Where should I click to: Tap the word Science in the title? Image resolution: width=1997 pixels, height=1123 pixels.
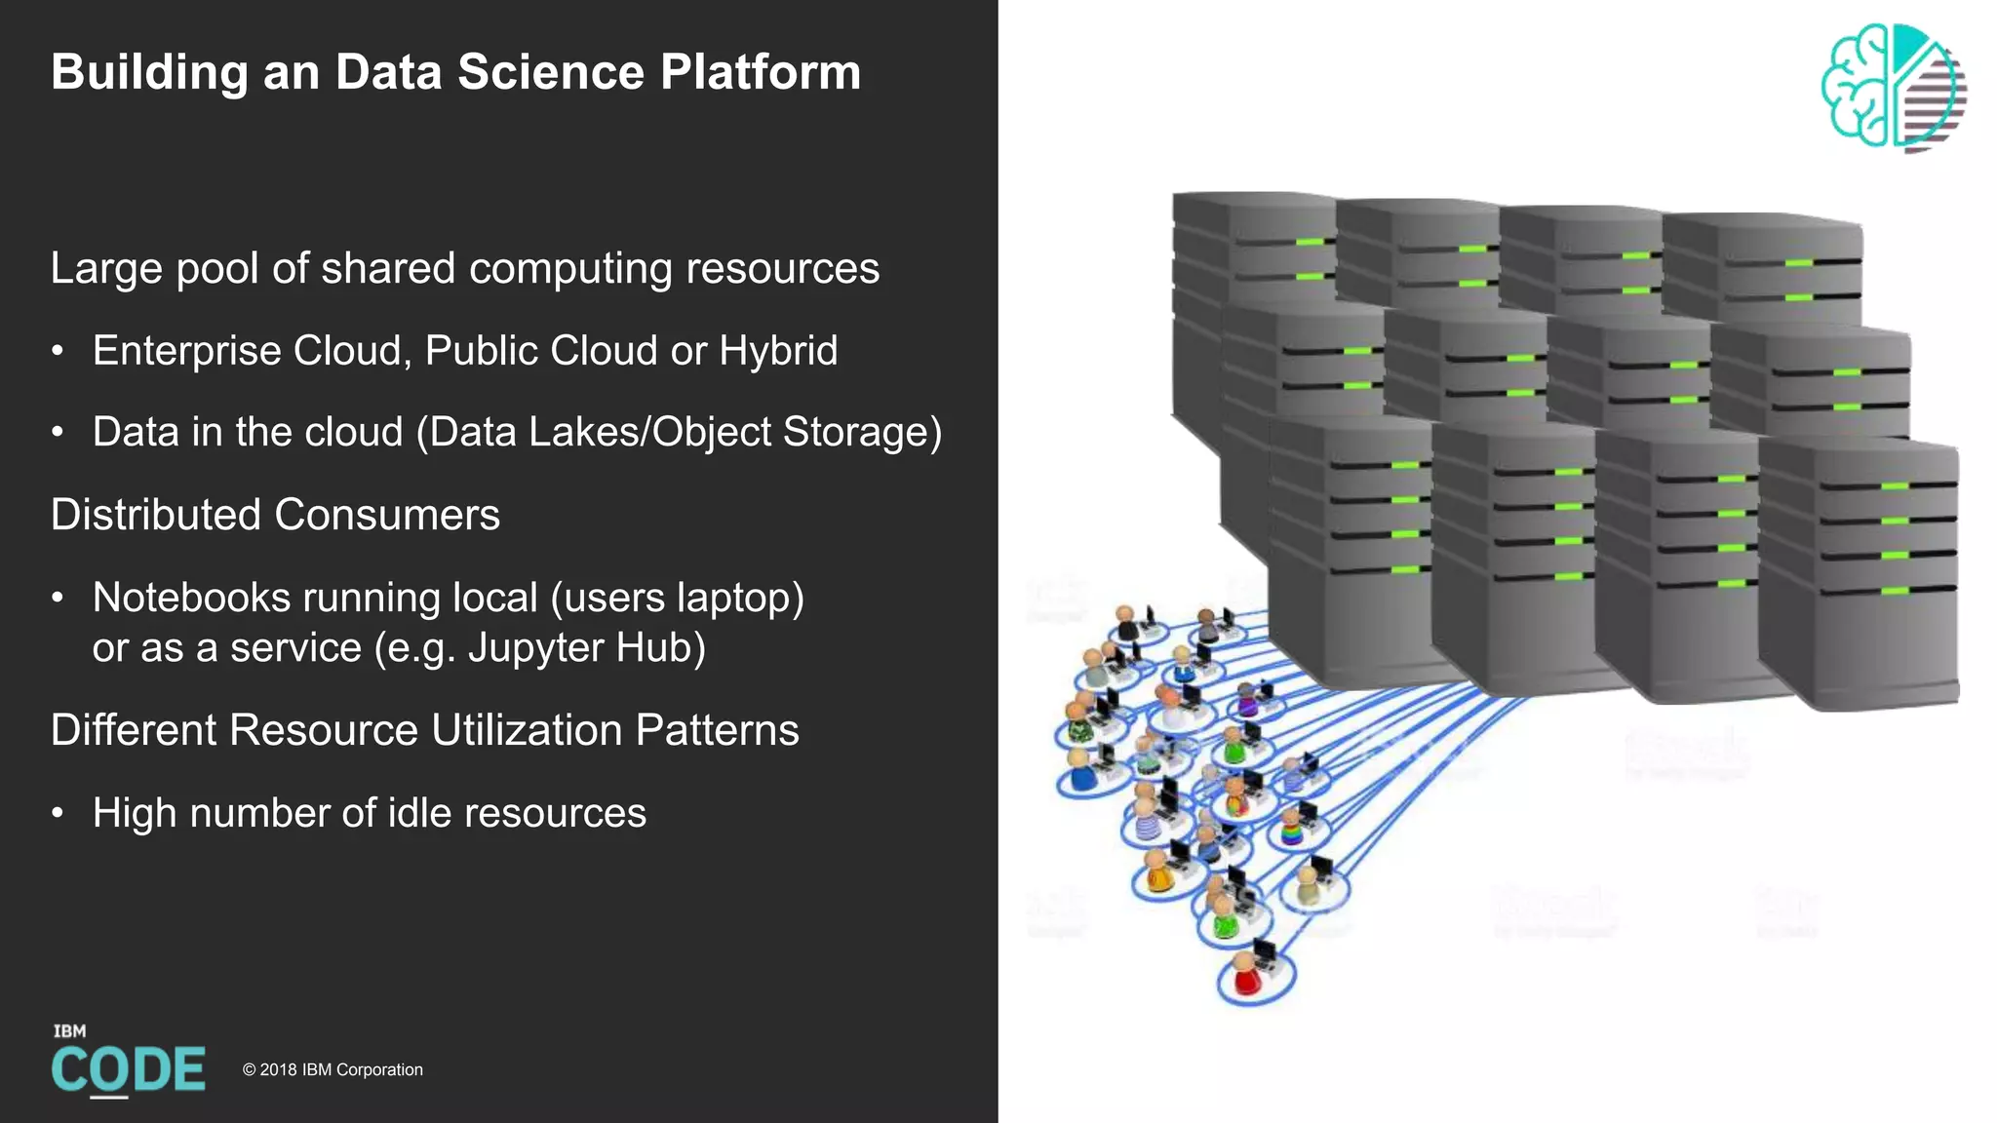551,72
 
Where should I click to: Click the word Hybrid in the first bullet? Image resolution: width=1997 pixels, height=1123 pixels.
777,351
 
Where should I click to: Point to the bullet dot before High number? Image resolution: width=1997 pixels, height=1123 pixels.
59,812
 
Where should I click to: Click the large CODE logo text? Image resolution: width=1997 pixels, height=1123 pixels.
128,1070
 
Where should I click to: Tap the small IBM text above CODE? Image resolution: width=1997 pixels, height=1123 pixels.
69,1031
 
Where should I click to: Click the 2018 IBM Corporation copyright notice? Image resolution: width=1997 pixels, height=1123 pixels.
333,1069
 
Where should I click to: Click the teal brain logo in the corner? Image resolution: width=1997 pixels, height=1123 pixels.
1892,88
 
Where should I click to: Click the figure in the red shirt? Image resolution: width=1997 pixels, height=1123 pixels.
1245,975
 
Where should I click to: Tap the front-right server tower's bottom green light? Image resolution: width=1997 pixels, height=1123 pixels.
1894,591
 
